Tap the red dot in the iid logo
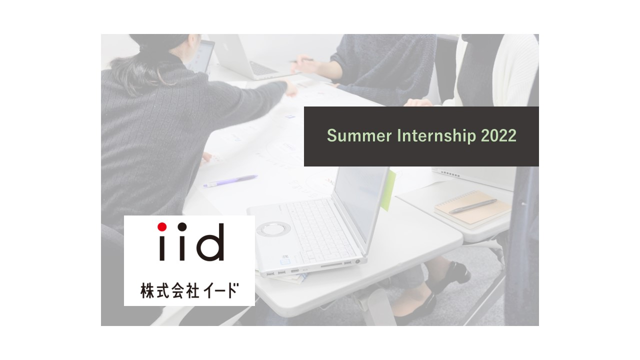pyautogui.click(x=162, y=226)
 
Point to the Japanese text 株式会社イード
pyautogui.click(x=189, y=290)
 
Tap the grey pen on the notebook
pyautogui.click(x=472, y=206)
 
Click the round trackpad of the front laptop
pyautogui.click(x=273, y=229)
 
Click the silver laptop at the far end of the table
pyautogui.click(x=247, y=57)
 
